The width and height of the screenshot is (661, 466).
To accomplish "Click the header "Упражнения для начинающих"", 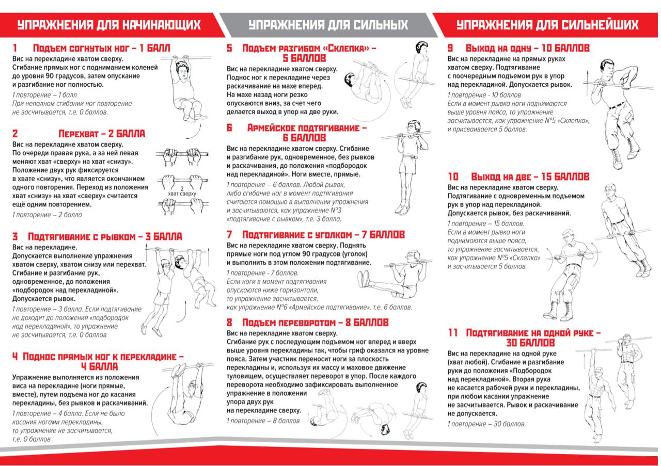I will pyautogui.click(x=108, y=25).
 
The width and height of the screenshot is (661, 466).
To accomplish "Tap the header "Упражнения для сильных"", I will pyautogui.click(x=328, y=25).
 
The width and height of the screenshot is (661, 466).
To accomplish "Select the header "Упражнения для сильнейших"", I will pyautogui.click(x=547, y=25).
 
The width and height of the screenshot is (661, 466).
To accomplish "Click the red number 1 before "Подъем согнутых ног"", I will pyautogui.click(x=15, y=49).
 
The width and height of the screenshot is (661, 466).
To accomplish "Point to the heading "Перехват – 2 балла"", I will pyautogui.click(x=102, y=134).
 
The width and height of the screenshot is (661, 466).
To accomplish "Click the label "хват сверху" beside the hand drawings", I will pyautogui.click(x=182, y=194).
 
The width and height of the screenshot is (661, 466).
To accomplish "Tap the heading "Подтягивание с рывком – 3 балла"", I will pyautogui.click(x=104, y=237).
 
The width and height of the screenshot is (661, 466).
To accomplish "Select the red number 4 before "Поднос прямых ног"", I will pyautogui.click(x=15, y=357).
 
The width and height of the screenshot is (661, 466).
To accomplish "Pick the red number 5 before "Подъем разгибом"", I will pyautogui.click(x=229, y=49).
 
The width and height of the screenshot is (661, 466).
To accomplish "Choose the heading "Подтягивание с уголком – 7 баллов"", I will pyautogui.click(x=323, y=235).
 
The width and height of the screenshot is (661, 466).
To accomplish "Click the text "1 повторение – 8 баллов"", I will pyautogui.click(x=263, y=421).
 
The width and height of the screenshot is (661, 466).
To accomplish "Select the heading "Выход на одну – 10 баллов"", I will pyautogui.click(x=527, y=49).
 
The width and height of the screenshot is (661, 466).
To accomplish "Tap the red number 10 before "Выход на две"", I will pyautogui.click(x=453, y=177).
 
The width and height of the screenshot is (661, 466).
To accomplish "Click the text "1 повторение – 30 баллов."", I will pyautogui.click(x=486, y=424).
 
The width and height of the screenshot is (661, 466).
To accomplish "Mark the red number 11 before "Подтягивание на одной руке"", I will pyautogui.click(x=453, y=333).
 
